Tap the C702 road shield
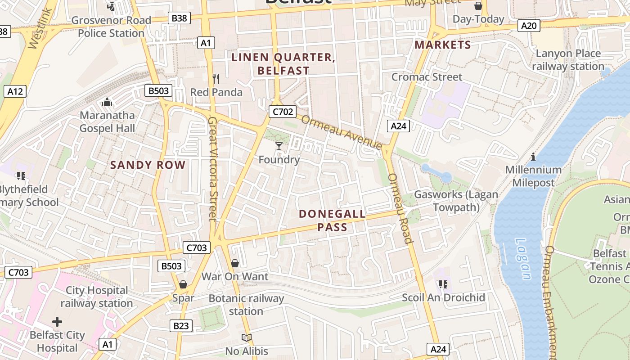282,112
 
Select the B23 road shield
181,326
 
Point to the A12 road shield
15,92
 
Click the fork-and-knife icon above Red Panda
216,79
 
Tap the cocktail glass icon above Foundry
279,146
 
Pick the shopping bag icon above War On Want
234,263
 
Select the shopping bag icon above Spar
183,284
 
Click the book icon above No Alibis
246,337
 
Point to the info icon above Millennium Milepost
533,157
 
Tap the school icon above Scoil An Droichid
443,284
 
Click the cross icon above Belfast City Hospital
57,322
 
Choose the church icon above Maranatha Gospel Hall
107,103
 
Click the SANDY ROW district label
148,165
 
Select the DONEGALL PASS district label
333,220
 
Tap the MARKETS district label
443,45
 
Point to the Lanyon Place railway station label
568,60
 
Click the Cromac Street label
427,77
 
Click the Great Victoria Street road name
213,169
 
